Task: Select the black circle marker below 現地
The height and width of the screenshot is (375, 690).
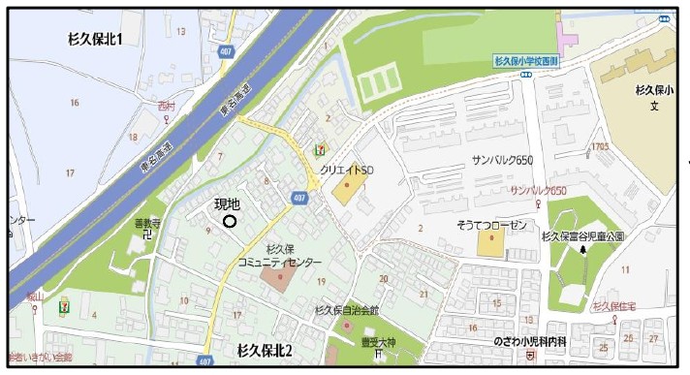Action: pyautogui.click(x=230, y=222)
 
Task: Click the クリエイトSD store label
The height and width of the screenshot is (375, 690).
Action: pyautogui.click(x=347, y=170)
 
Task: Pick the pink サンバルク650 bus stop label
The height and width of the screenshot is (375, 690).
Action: pyautogui.click(x=538, y=191)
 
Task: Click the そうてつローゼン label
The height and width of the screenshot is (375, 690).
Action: pyautogui.click(x=492, y=224)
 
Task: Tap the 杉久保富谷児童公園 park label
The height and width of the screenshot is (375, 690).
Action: pyautogui.click(x=582, y=235)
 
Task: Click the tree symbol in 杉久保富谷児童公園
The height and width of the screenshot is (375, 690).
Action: pyautogui.click(x=582, y=250)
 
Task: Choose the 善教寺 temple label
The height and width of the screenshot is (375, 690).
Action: pyautogui.click(x=143, y=223)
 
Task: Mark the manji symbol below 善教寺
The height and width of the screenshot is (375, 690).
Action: pyautogui.click(x=143, y=235)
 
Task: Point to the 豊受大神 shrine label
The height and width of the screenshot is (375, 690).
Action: pyautogui.click(x=373, y=341)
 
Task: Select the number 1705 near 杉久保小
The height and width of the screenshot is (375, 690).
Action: pyautogui.click(x=598, y=146)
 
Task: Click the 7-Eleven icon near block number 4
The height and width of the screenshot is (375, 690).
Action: pyautogui.click(x=65, y=294)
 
